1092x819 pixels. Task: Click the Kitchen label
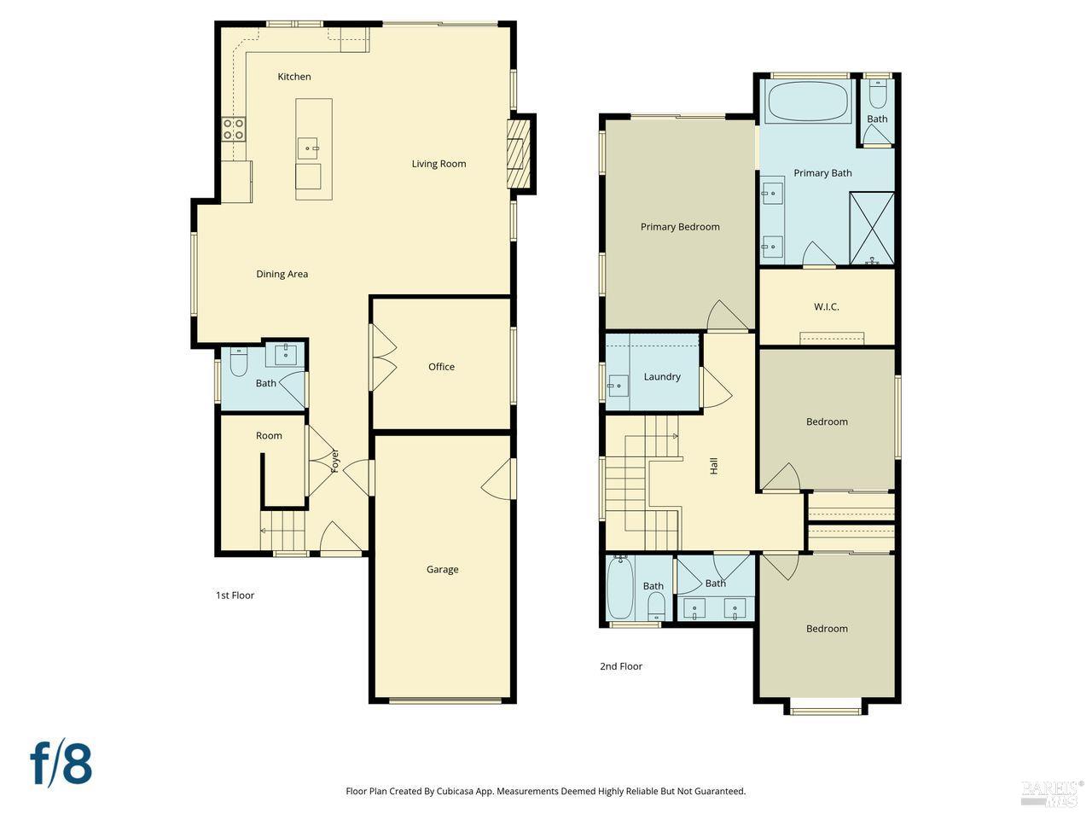294,77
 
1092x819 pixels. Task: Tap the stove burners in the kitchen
234,130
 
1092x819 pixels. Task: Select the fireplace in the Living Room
519,154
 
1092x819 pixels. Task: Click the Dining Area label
282,274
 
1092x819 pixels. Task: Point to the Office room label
441,367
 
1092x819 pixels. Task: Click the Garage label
442,569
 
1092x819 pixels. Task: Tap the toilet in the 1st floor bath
239,364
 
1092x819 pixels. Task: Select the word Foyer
335,461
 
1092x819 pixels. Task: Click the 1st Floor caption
235,595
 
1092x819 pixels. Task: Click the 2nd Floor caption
620,666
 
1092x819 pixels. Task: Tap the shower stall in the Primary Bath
872,228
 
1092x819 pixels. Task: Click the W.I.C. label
826,306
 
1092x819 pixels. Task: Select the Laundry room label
662,376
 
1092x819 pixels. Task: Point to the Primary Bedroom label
680,227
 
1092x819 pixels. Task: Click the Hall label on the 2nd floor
714,466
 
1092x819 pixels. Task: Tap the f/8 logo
61,764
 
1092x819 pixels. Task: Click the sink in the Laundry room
618,386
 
